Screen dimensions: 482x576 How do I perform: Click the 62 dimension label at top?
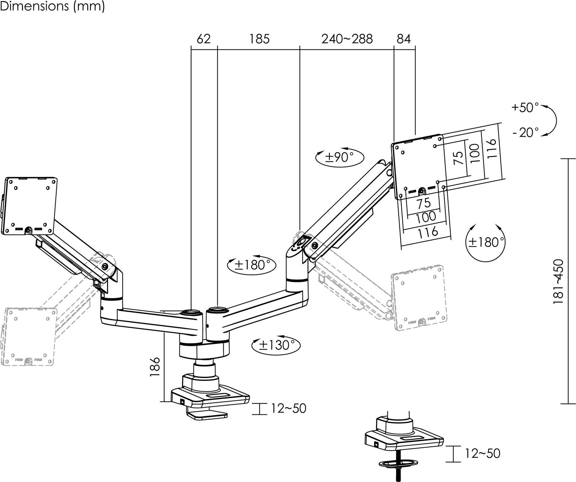pos(204,39)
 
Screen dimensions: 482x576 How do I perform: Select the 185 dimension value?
pos(259,39)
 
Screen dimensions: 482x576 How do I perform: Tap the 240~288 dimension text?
pos(347,39)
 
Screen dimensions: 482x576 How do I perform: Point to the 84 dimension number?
pos(403,39)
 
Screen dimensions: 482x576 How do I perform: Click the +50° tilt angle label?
pos(525,108)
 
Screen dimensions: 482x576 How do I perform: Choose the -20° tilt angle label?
pos(525,132)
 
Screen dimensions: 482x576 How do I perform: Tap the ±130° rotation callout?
pos(275,345)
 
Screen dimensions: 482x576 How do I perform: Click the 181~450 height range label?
pos(558,282)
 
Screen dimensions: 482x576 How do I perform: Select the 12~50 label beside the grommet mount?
pos(482,454)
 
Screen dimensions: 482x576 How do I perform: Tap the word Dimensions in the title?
pos(34,6)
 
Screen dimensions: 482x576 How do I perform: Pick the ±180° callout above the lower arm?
pos(251,265)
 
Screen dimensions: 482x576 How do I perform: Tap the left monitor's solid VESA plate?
pos(30,205)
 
